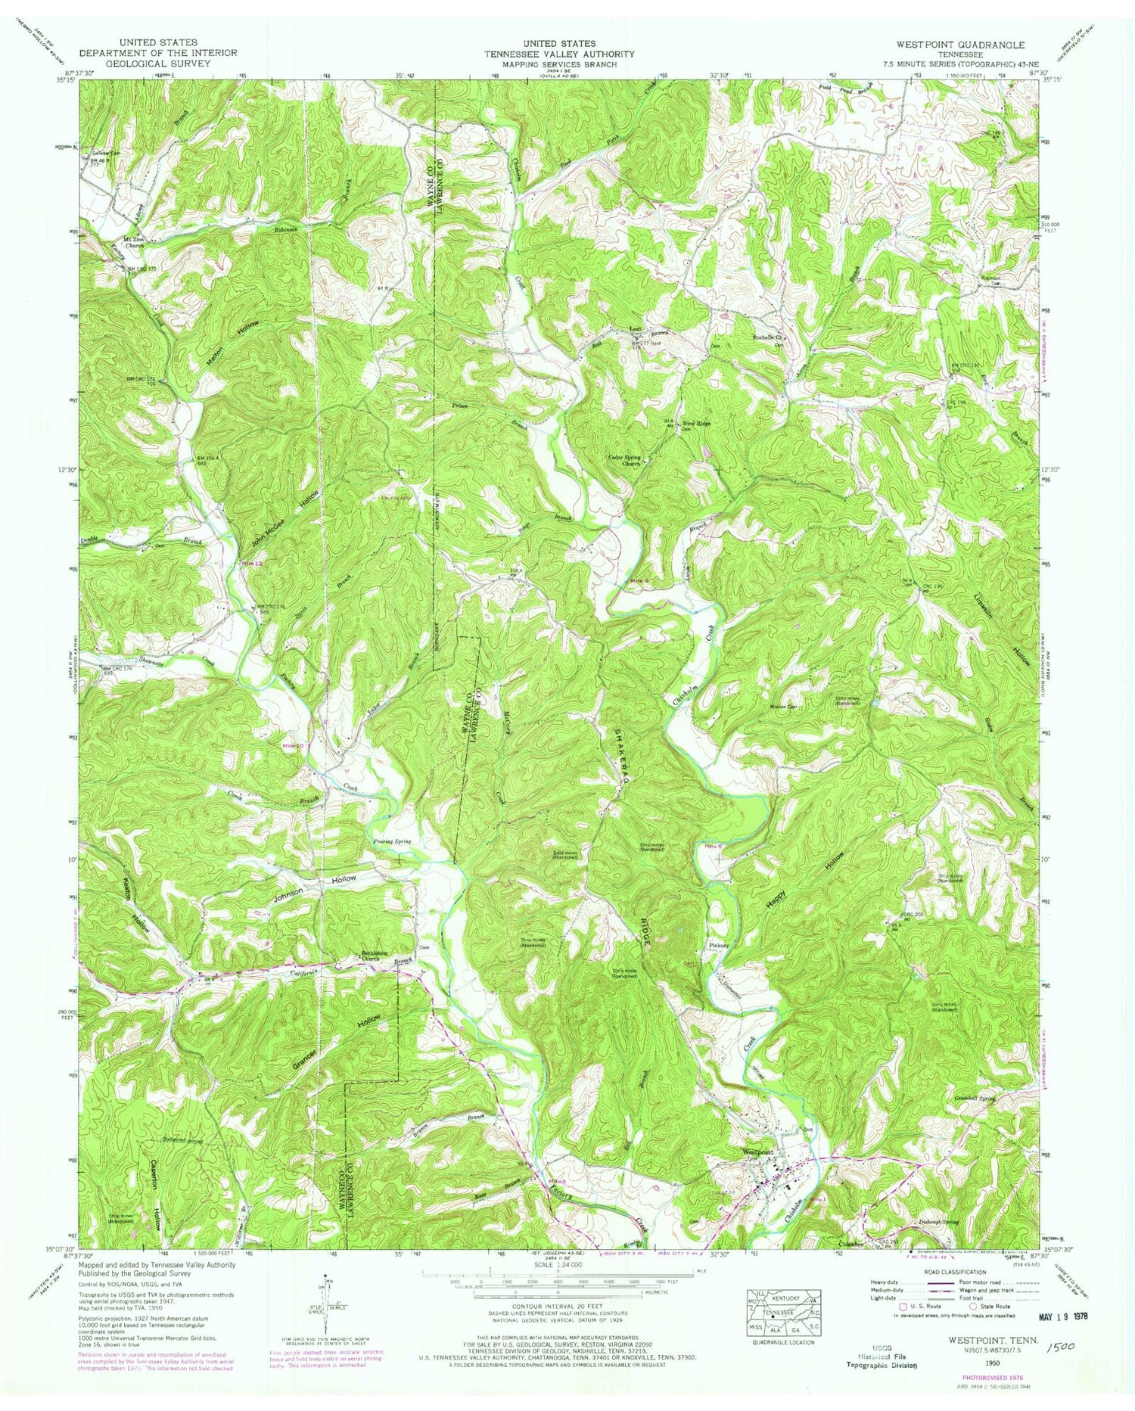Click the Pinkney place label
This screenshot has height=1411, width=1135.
click(x=718, y=946)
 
